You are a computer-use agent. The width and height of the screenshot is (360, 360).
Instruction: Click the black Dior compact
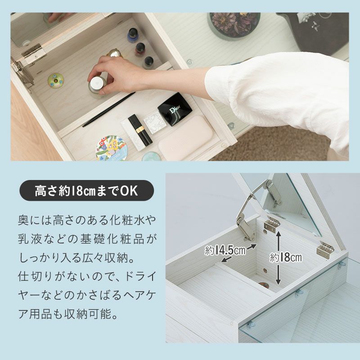pyautogui.click(x=175, y=109)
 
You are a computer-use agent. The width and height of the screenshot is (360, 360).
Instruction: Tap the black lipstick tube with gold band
pyautogui.click(x=140, y=130)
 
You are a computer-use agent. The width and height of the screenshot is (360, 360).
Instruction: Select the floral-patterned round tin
pyautogui.click(x=112, y=148)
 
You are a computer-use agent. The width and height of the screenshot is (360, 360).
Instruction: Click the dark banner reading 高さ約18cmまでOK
pyautogui.click(x=86, y=190)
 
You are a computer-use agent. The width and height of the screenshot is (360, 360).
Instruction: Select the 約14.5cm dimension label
pyautogui.click(x=225, y=251)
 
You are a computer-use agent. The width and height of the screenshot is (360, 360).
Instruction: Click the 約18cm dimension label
pyautogui.click(x=286, y=257)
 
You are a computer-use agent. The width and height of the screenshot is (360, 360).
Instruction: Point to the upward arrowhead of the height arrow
pyautogui.click(x=278, y=234)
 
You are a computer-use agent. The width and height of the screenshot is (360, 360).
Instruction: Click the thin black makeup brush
pyautogui.click(x=108, y=109)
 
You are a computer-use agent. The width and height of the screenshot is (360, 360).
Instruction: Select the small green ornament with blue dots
pyautogui.click(x=55, y=80)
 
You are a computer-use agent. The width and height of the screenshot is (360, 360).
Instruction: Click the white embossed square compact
pyautogui.click(x=154, y=122)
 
